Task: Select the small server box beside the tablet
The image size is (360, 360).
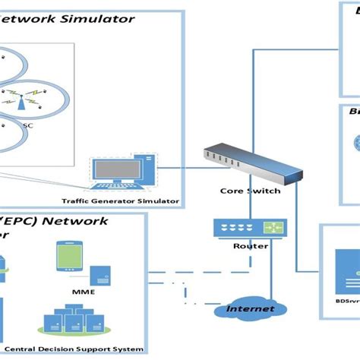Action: coord(99,275)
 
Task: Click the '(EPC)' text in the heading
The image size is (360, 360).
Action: coord(24,221)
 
